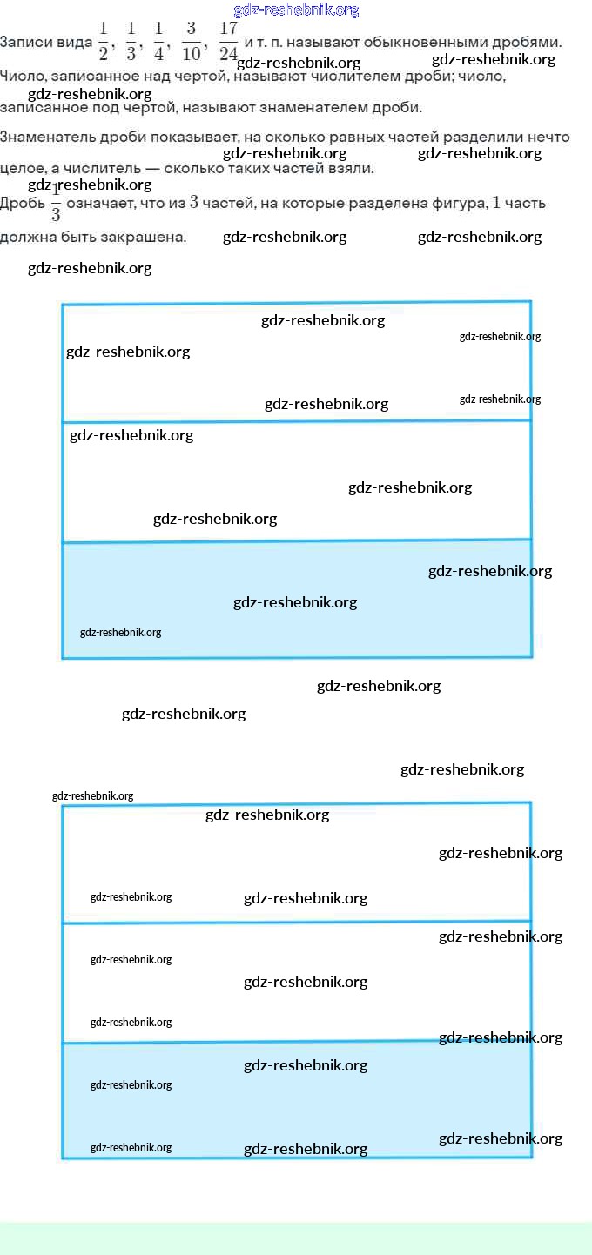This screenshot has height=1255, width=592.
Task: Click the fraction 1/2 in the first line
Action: point(103,42)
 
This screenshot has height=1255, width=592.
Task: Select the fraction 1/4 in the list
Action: point(158,42)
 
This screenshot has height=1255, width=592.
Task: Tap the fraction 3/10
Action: point(192,42)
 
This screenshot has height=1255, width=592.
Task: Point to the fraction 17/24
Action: point(228,42)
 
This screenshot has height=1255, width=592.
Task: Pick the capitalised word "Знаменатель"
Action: point(44,138)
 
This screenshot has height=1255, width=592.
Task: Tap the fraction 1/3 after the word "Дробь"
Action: point(56,204)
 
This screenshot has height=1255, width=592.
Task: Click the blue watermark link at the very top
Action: point(296,10)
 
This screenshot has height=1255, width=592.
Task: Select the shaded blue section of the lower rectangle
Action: point(296,1100)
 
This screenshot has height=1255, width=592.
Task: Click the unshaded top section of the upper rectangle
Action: point(296,361)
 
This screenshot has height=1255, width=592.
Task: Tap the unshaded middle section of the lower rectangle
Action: point(296,982)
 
